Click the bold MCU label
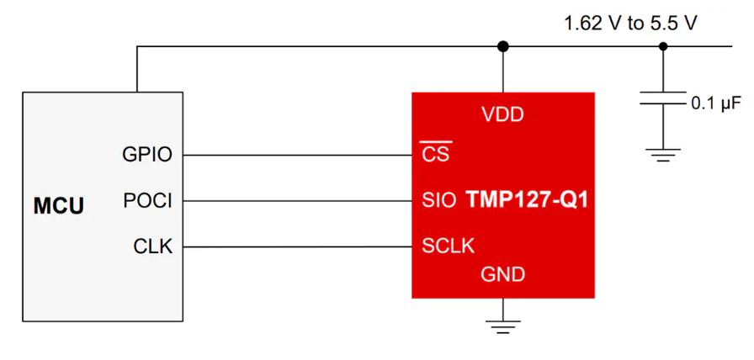tap(59, 206)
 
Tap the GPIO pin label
tap(147, 156)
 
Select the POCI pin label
tap(147, 201)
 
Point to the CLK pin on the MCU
tap(153, 247)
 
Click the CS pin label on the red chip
tap(435, 153)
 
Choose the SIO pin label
tap(439, 200)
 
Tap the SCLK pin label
tap(449, 246)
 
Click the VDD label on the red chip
tap(502, 115)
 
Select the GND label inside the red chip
tap(503, 275)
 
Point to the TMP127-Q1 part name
tap(527, 200)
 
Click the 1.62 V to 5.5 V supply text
tap(631, 23)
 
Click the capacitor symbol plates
tap(663, 98)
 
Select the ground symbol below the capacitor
tap(663, 155)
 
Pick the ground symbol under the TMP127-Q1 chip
tap(503, 327)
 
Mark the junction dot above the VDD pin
tap(503, 46)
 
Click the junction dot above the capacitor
tap(663, 46)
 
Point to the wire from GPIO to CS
tap(298, 156)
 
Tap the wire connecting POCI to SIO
tap(298, 201)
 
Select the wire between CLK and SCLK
tap(298, 247)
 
